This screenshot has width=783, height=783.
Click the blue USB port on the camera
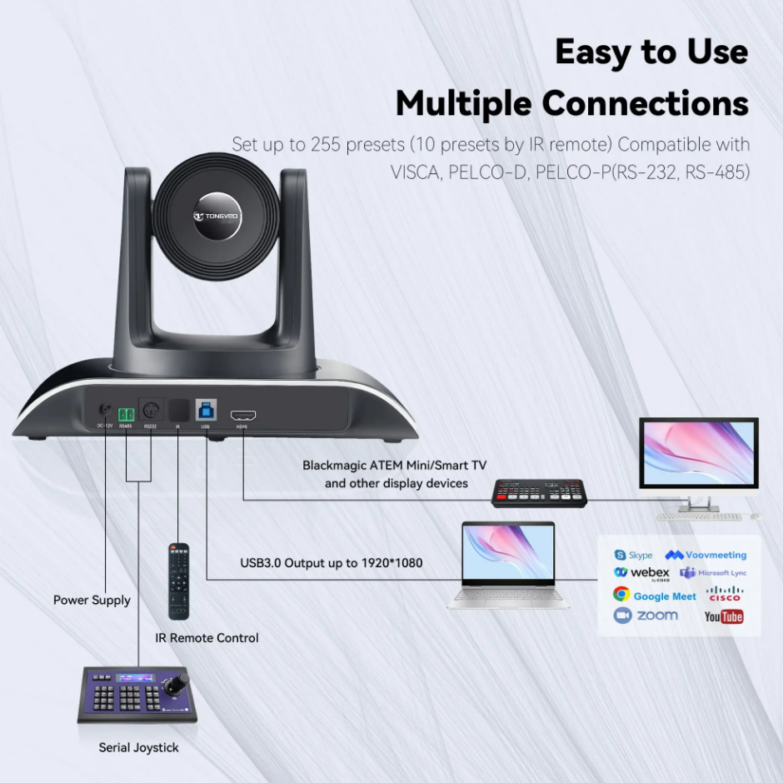tap(205, 410)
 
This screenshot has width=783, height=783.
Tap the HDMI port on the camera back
tap(242, 414)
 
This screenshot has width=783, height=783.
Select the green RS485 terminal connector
tap(127, 414)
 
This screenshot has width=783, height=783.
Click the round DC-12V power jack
tap(105, 411)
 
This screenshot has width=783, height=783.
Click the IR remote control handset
tap(179, 581)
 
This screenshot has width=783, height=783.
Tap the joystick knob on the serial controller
tap(176, 684)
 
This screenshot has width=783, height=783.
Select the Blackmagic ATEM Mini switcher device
tap(539, 492)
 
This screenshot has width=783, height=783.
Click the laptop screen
tap(508, 552)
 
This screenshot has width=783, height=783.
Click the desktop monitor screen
tap(698, 456)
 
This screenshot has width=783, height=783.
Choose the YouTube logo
tap(723, 616)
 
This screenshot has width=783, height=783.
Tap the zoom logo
tap(646, 616)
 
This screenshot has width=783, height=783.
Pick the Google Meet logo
tap(654, 596)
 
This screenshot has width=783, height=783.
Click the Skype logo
tap(633, 555)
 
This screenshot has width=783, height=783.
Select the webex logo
tap(641, 573)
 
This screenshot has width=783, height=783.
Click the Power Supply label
tap(92, 600)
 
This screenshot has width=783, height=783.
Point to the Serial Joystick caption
tap(138, 747)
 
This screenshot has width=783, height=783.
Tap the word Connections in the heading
tap(645, 103)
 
